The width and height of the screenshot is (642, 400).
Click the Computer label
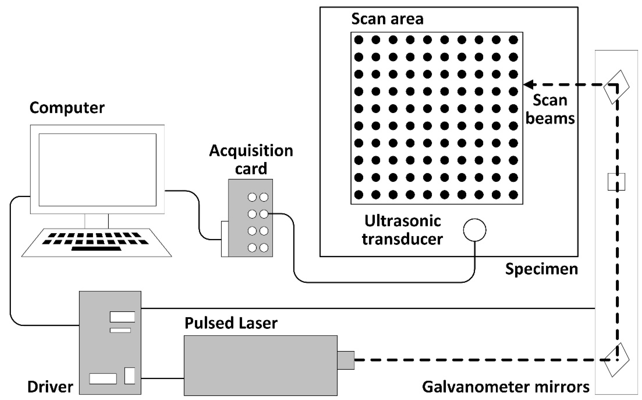click(67, 108)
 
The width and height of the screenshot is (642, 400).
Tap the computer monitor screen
click(97, 170)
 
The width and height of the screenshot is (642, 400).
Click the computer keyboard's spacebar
click(97, 249)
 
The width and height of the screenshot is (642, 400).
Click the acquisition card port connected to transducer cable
click(264, 214)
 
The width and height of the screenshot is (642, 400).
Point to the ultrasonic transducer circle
click(475, 230)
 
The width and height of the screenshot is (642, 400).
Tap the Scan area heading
click(387, 19)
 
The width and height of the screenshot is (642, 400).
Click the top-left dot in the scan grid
click(359, 40)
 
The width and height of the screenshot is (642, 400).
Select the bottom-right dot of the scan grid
click(513, 195)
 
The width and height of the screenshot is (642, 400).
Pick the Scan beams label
click(550, 109)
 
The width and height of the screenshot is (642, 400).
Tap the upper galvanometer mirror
click(616, 87)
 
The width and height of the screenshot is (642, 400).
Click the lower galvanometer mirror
click(616, 360)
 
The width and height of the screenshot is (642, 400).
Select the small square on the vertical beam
click(616, 182)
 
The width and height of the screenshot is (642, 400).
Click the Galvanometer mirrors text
click(506, 387)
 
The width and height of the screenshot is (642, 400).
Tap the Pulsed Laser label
click(231, 323)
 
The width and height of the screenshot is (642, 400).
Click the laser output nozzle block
click(346, 360)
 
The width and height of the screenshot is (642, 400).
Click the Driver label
click(50, 387)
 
